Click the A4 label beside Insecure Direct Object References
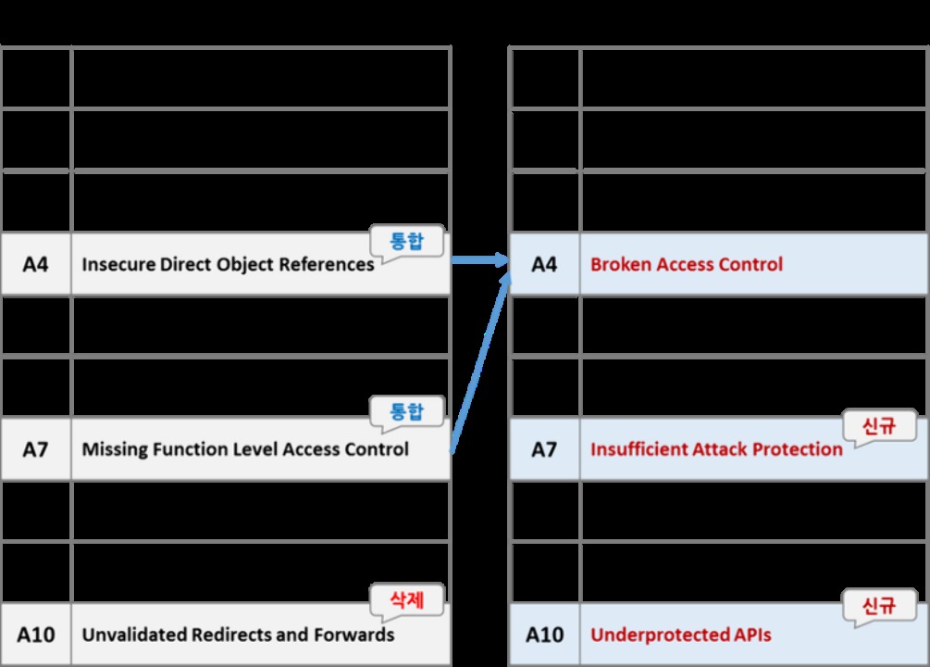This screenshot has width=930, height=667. pos(35,264)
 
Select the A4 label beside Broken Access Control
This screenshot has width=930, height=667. pos(544,264)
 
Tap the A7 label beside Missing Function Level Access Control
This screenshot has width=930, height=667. pos(35,449)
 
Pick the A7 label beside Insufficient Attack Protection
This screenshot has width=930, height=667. pos(544,449)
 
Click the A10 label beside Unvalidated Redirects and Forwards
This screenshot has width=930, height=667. pos(35,635)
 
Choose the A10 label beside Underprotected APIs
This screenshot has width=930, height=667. pos(544,635)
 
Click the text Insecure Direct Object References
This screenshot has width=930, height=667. pos(228,264)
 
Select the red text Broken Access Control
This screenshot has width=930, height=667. pos(687,264)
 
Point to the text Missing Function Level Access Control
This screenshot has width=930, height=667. pos(245,449)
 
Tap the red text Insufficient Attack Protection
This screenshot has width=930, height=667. pos(716,449)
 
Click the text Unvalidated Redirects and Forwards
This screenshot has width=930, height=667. pos(238,635)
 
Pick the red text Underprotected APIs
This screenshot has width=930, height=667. pos(681,635)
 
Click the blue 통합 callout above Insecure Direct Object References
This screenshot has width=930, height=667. pos(407,241)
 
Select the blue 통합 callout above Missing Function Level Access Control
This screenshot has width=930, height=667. pos(407,411)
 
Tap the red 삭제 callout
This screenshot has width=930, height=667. pos(407,600)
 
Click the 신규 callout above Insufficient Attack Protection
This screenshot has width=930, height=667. pos(879,426)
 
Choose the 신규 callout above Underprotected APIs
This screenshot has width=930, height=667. pos(879,606)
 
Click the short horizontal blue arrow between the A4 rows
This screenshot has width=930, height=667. pos(480,259)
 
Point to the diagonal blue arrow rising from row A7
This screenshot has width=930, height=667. pos(481,363)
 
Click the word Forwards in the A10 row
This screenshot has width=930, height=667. pos(354,635)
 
